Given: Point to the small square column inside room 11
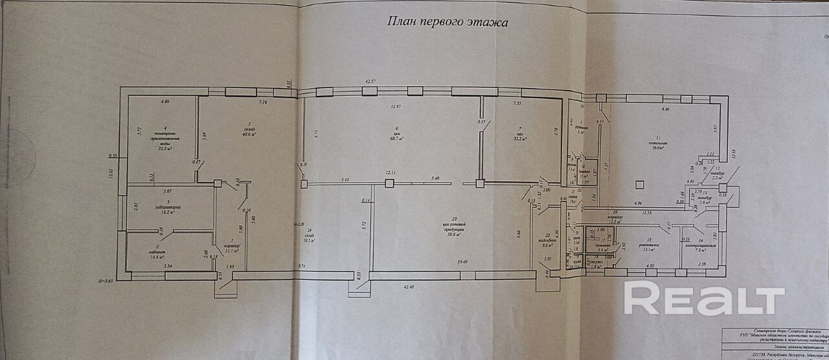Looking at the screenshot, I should click(639, 184).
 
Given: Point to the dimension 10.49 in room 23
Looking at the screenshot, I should click(461, 262).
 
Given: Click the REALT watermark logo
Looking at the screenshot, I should click(703, 298).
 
